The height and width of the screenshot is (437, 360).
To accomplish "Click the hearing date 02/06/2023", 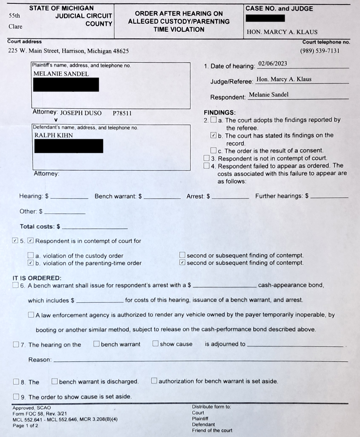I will tap(272, 64).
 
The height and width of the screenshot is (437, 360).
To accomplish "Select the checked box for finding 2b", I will tap(213, 136).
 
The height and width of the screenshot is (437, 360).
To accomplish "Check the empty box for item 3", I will tap(207, 158).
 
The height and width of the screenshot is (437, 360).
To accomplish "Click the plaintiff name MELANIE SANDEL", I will tap(61, 74).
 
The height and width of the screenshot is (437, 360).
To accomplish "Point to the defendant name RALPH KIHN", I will tap(53, 136).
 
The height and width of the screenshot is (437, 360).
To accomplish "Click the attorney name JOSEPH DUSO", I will tap(81, 113).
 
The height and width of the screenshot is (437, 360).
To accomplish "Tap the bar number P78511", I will tap(122, 113).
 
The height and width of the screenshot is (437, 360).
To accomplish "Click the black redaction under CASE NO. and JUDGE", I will tap(265, 18).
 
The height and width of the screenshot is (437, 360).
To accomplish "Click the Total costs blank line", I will tap(94, 227).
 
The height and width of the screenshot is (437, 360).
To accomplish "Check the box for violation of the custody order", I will tap(30, 255).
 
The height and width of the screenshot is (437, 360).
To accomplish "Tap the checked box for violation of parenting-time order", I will tap(30, 263).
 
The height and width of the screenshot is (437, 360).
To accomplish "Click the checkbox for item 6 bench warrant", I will tap(16, 285).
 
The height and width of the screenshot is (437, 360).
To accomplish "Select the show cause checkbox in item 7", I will tap(155, 344).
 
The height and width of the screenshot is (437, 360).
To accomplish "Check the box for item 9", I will tap(16, 397).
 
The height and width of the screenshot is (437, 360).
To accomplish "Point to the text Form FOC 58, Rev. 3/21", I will tap(39, 413).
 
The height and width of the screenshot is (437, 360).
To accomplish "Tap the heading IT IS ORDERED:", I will tap(37, 278).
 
